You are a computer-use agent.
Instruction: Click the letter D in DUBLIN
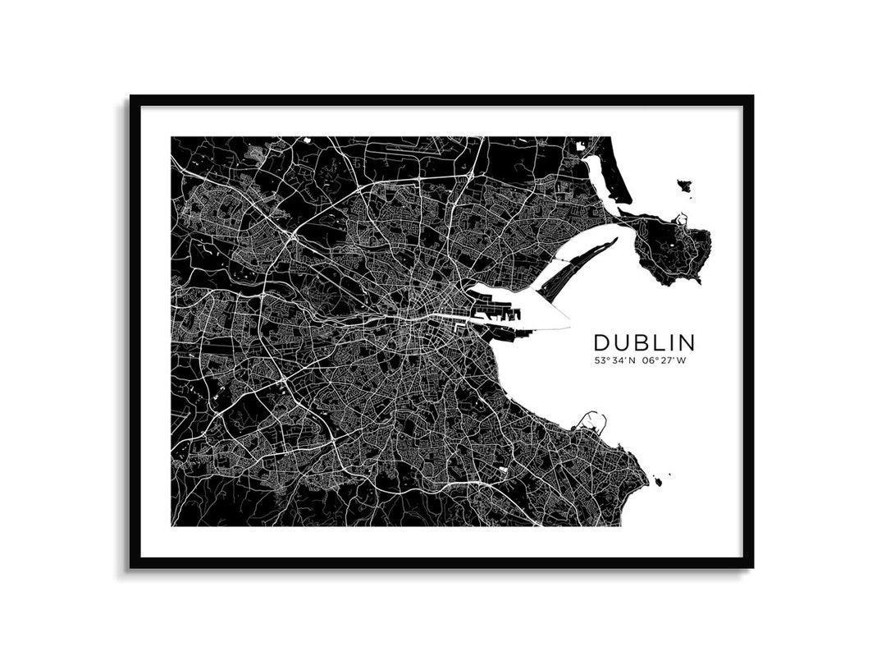(601, 342)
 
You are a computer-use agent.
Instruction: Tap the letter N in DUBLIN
(685, 342)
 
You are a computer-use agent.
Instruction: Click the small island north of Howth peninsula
(684, 186)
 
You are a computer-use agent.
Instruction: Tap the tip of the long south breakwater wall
(569, 328)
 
